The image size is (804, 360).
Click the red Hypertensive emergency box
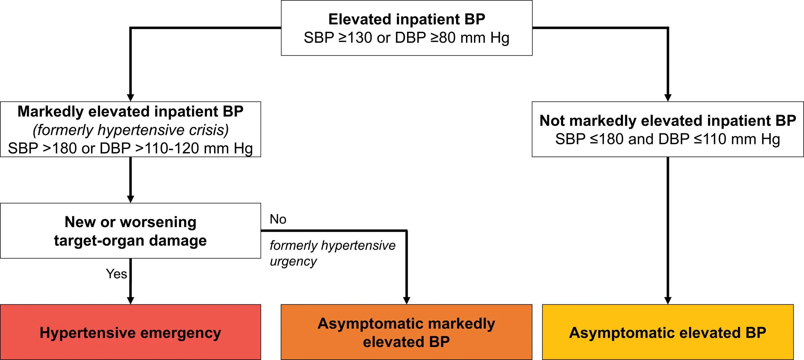pyautogui.click(x=131, y=332)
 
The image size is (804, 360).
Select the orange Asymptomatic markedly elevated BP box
pyautogui.click(x=406, y=332)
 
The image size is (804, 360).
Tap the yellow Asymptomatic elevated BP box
pyautogui.click(x=668, y=332)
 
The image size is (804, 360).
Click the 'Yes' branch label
pyautogui.click(x=117, y=274)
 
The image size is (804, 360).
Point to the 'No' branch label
pyautogui.click(x=278, y=219)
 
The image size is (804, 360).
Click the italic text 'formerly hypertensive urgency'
pyautogui.click(x=332, y=254)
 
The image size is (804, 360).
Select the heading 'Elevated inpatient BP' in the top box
pyautogui.click(x=407, y=19)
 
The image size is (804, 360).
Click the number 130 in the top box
pyautogui.click(x=360, y=38)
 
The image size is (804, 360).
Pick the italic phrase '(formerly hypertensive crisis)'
pyautogui.click(x=131, y=130)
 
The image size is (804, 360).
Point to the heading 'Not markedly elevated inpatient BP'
pyautogui.click(x=668, y=121)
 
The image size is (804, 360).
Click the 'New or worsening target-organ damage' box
pyautogui.click(x=131, y=231)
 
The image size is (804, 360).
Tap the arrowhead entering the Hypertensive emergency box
pyautogui.click(x=131, y=300)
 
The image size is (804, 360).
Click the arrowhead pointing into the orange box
pyautogui.click(x=407, y=300)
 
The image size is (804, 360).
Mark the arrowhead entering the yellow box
pyautogui.click(x=668, y=300)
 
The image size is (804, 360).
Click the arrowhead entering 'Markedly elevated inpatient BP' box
pyautogui.click(x=131, y=97)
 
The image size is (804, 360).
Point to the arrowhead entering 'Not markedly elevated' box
pyautogui.click(x=668, y=97)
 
